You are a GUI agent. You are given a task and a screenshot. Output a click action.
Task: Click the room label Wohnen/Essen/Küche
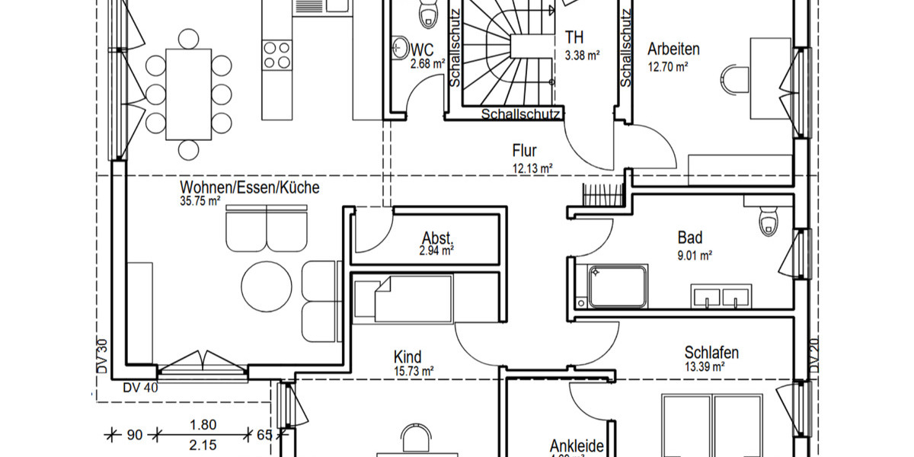pyautogui.click(x=249, y=187)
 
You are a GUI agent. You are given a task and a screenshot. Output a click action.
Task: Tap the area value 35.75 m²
pyautogui.click(x=200, y=202)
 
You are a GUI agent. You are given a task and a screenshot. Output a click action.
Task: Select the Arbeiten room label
pyautogui.click(x=673, y=50)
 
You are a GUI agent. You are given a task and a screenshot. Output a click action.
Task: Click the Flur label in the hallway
pyautogui.click(x=526, y=151)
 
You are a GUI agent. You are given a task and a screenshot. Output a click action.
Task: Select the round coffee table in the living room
pyautogui.click(x=267, y=287)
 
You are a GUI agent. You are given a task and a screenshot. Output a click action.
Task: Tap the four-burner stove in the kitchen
pyautogui.click(x=276, y=56)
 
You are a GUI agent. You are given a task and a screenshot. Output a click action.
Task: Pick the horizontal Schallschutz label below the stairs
pyautogui.click(x=522, y=115)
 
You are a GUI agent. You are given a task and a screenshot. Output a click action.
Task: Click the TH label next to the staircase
pyautogui.click(x=574, y=37)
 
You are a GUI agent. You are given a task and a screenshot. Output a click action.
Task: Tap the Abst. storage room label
pyautogui.click(x=438, y=237)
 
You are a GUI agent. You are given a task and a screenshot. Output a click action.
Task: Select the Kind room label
pyautogui.click(x=407, y=356)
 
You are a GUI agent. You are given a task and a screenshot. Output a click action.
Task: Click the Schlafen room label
pyautogui.click(x=711, y=353)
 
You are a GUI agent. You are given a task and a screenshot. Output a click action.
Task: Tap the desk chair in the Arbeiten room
pyautogui.click(x=734, y=78)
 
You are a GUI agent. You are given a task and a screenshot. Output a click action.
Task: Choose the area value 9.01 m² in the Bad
pyautogui.click(x=695, y=257)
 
